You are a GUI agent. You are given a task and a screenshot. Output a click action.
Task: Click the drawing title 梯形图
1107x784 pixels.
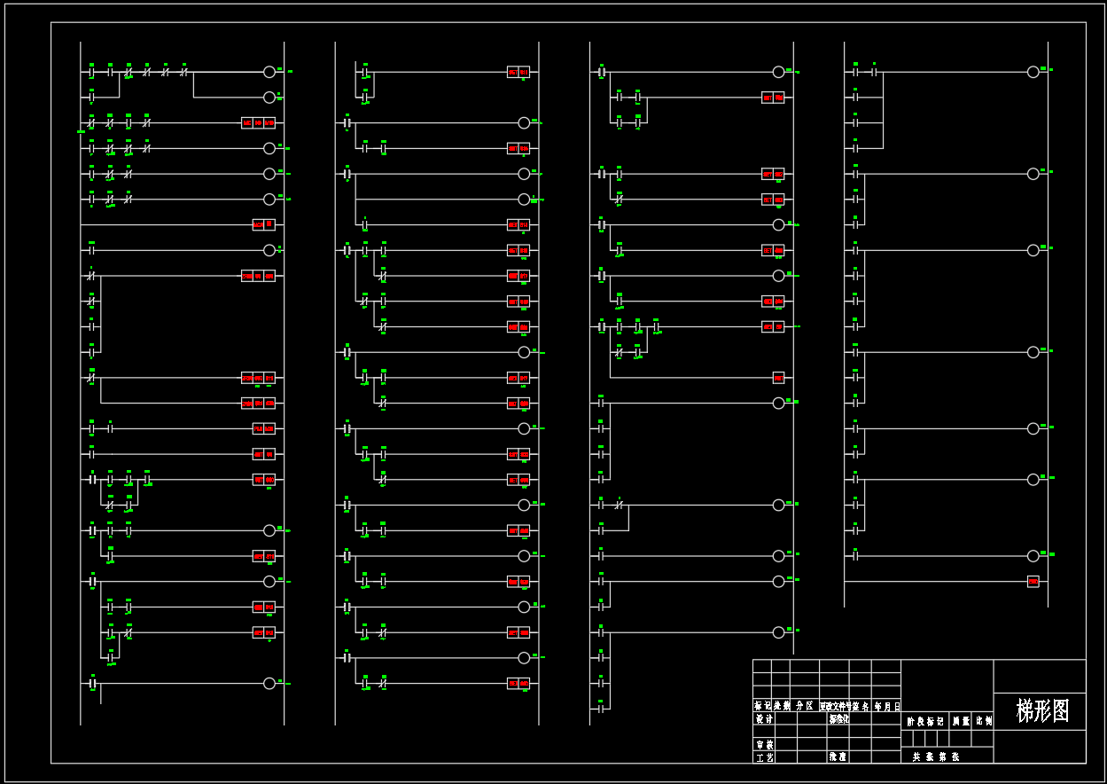(1043, 711)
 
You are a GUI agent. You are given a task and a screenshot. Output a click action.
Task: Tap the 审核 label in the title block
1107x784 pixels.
(764, 745)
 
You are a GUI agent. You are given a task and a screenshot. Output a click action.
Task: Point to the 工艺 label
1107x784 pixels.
(764, 757)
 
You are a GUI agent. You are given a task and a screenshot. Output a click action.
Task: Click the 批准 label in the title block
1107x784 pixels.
(838, 757)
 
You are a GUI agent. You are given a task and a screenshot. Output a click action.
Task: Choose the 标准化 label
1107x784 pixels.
(838, 719)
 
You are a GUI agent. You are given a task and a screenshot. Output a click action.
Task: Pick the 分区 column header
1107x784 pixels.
(804, 707)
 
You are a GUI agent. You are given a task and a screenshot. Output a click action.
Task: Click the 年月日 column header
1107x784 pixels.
(887, 707)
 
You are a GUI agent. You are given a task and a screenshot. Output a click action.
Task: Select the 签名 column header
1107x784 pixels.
(860, 707)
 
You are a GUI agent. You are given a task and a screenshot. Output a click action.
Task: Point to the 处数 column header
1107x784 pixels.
(781, 707)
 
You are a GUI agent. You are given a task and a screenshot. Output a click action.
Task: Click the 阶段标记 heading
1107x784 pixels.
(925, 722)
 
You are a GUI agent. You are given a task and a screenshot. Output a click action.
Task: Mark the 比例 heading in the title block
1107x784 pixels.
(984, 722)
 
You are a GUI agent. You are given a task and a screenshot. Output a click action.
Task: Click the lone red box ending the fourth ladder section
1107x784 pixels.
(1033, 582)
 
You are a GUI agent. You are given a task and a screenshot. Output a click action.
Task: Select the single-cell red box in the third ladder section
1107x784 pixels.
(778, 378)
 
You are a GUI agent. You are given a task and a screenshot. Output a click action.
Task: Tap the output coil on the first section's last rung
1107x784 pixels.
(269, 683)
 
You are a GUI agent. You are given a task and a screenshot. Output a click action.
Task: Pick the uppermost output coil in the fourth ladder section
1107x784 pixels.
(1033, 72)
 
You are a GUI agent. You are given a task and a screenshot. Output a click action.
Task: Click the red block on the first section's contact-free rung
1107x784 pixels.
(263, 224)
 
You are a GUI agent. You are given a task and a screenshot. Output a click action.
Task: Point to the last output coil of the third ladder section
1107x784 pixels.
(778, 632)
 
